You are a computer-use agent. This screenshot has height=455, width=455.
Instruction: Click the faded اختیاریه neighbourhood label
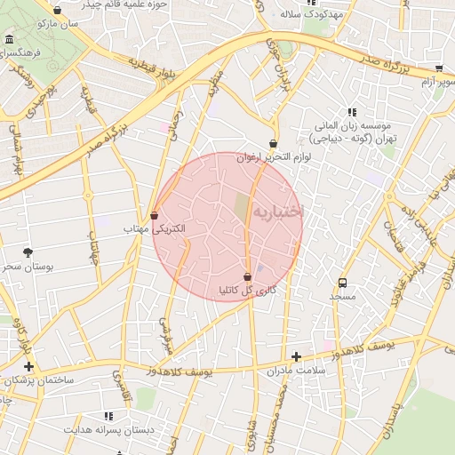[x=277, y=212]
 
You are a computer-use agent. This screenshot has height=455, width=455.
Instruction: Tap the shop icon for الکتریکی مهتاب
[x=155, y=215]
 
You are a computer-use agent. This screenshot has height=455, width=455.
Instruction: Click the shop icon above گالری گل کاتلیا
[x=246, y=277]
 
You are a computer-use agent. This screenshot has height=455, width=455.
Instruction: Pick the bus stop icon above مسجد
[x=342, y=283]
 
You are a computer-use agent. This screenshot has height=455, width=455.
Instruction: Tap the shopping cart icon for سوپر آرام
[x=438, y=68]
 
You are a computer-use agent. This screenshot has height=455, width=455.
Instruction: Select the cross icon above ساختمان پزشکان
[x=29, y=366]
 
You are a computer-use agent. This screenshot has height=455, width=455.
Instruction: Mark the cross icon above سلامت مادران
[x=296, y=356]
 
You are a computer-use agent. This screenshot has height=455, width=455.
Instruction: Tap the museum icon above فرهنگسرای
[x=9, y=40]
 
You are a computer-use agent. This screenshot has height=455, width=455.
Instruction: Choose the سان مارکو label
[x=59, y=23]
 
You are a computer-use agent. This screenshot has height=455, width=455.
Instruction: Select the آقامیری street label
[x=116, y=388]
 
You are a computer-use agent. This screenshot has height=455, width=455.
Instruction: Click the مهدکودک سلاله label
[x=312, y=14]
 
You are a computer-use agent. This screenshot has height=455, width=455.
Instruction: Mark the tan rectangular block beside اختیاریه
[x=242, y=210]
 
